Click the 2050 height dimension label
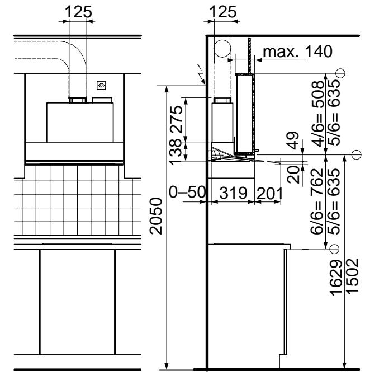(x=156, y=216)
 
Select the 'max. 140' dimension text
(x=297, y=51)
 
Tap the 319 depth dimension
(x=233, y=193)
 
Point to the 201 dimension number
(x=269, y=194)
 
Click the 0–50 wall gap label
(x=187, y=192)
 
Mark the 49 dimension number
(x=293, y=140)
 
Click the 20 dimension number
(x=293, y=175)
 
